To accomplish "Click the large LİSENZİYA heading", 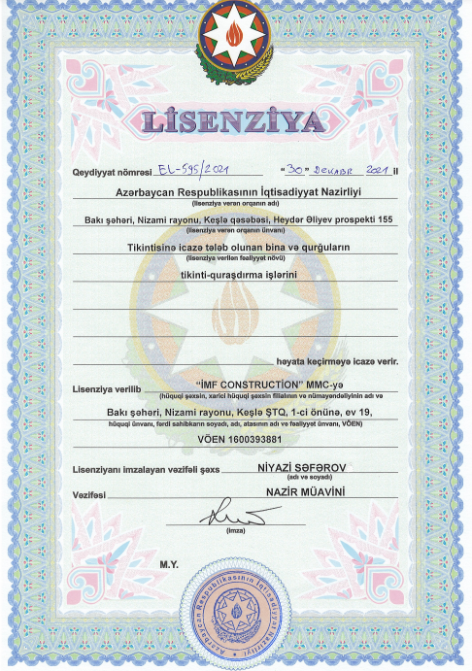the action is coord(235,122).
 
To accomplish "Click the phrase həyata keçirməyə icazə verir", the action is coord(336,359).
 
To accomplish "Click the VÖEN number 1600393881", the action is coord(236,439).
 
